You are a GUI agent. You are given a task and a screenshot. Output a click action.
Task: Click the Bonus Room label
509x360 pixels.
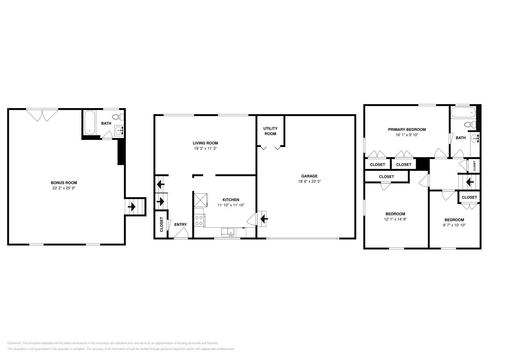[64, 183]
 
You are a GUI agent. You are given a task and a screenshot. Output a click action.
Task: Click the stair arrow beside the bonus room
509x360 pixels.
[131, 207]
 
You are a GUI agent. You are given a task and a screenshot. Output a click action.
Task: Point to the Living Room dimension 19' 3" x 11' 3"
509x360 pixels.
[205, 149]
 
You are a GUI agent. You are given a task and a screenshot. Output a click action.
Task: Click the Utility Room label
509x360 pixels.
[270, 131]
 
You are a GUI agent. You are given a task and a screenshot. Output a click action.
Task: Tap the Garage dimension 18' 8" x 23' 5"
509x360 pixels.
[309, 182]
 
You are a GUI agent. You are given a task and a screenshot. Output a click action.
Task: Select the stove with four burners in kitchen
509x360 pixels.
[199, 220]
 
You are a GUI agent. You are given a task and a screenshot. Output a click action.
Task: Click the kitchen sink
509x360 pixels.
[228, 232]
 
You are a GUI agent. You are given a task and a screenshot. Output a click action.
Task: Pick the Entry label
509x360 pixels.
[180, 225]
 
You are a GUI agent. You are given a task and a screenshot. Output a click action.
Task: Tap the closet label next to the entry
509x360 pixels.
[161, 224]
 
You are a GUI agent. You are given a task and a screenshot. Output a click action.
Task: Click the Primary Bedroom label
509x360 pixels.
[407, 129]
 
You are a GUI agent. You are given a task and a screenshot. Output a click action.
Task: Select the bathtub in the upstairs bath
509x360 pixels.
[463, 112]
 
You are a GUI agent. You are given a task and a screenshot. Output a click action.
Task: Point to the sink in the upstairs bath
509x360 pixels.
[475, 138]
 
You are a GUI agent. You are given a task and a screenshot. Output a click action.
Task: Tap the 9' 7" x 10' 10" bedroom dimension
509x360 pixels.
[454, 225]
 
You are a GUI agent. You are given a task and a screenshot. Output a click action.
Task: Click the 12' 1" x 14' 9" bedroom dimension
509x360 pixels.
[395, 219]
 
